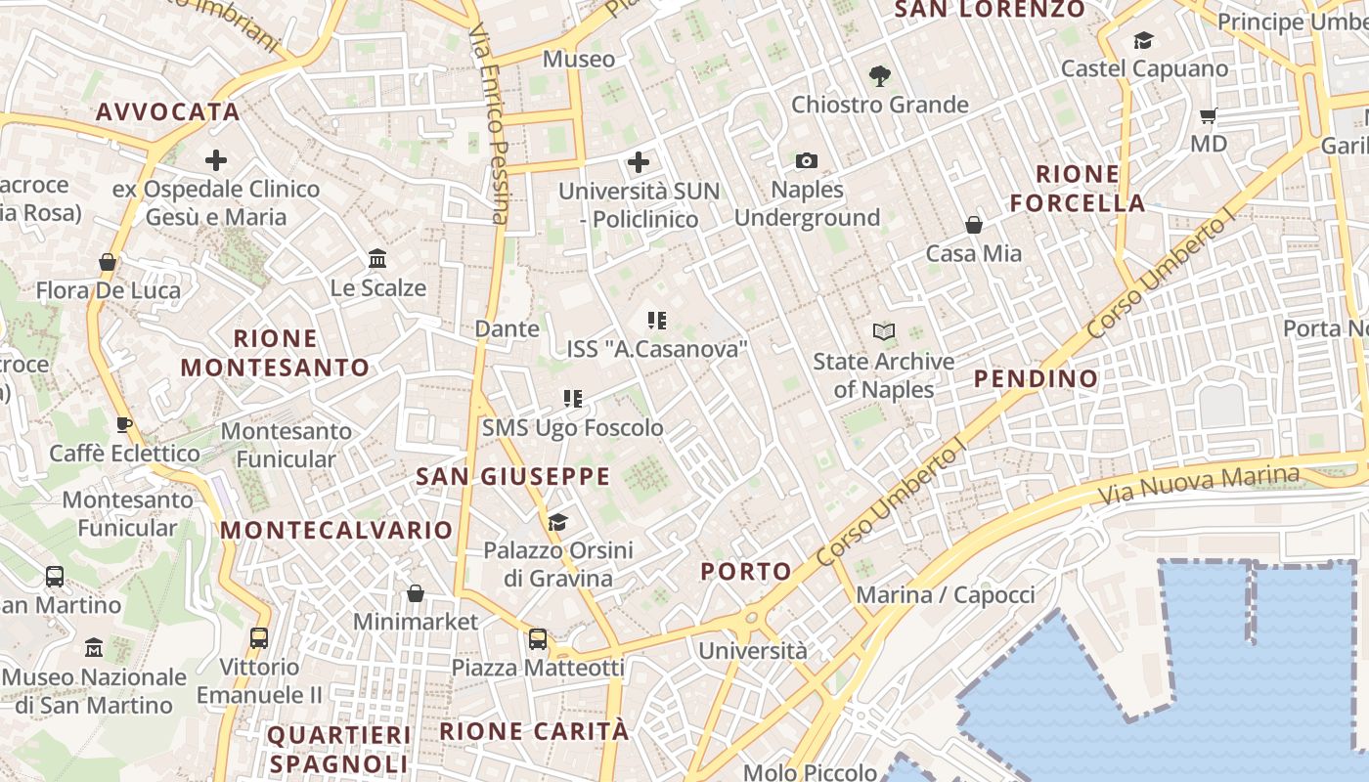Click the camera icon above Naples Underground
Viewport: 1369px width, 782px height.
click(x=807, y=160)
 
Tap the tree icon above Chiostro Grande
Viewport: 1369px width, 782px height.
click(x=879, y=75)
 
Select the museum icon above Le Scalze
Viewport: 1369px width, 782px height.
click(x=377, y=259)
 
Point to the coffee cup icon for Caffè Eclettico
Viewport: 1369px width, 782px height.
click(x=124, y=424)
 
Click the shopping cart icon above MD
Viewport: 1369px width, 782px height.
click(x=1209, y=115)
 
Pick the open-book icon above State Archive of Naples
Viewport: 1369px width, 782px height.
click(x=884, y=332)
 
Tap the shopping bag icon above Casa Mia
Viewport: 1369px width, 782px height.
click(x=974, y=225)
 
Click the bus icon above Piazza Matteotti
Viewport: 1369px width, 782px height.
click(x=537, y=639)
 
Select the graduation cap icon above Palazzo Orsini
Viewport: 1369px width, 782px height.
click(x=557, y=522)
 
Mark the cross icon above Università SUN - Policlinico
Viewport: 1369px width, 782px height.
click(x=639, y=161)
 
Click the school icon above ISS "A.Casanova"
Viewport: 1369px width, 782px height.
click(x=657, y=320)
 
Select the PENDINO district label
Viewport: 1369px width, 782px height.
click(x=1036, y=379)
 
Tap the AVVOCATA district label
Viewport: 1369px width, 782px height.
click(x=168, y=111)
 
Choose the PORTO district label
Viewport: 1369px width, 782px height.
click(x=746, y=572)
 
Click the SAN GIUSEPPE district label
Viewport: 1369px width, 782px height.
click(x=512, y=477)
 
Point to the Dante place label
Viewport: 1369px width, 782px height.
click(x=507, y=328)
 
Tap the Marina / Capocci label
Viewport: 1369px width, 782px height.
click(x=945, y=594)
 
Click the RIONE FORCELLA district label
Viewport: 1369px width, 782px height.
click(x=1078, y=189)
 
